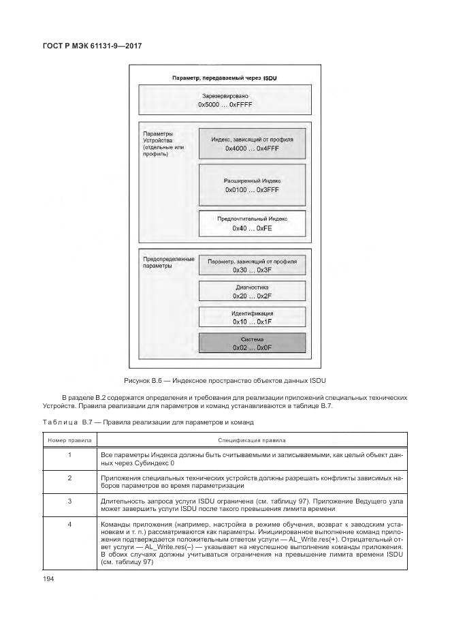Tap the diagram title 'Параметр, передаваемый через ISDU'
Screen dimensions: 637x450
pyautogui.click(x=224, y=78)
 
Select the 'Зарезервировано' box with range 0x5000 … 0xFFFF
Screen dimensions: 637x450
pyautogui.click(x=224, y=100)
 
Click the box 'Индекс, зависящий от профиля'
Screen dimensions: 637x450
pyautogui.click(x=252, y=144)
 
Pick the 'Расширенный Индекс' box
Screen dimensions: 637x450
pyautogui.click(x=252, y=185)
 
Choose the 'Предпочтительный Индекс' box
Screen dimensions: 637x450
pyautogui.click(x=252, y=223)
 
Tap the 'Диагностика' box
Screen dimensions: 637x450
pyautogui.click(x=252, y=291)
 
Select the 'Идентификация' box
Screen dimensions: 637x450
pyautogui.click(x=252, y=317)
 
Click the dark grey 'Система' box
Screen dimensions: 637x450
pyautogui.click(x=252, y=343)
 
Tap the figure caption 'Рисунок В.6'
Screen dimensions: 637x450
pyautogui.click(x=224, y=379)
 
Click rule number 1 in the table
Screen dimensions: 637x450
pyautogui.click(x=70, y=454)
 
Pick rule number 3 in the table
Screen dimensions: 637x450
pyautogui.click(x=70, y=501)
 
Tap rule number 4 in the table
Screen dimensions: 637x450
pyautogui.click(x=70, y=525)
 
